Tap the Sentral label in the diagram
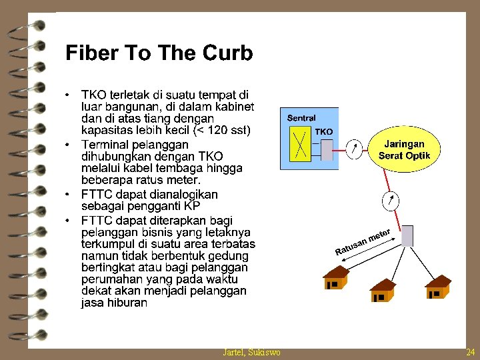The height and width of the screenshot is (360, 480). point(301,118)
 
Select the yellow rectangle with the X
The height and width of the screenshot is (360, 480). point(300,144)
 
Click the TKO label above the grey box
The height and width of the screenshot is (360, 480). point(324,132)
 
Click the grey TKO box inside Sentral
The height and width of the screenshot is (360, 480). point(327,149)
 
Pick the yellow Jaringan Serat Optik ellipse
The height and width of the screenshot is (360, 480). point(404,150)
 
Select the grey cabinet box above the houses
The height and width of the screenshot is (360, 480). point(407,235)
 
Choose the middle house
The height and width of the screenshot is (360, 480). point(382,291)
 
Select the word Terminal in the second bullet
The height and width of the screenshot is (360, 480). point(106,144)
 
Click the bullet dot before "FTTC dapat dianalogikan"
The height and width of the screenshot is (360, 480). point(69,195)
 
